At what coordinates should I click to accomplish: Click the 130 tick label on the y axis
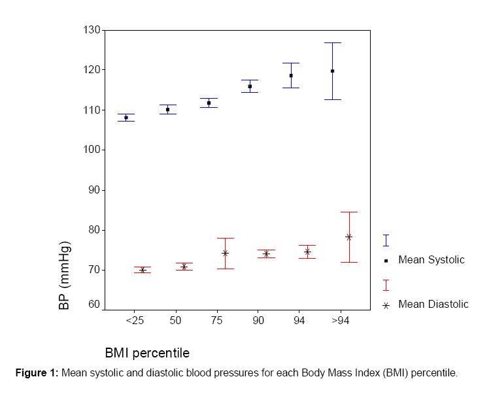[x=91, y=30]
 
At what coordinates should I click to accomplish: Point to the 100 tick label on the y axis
[x=91, y=150]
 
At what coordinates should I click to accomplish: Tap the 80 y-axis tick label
[x=93, y=230]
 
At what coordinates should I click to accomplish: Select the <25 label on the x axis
[x=135, y=321]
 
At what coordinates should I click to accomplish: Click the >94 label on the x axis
[x=340, y=321]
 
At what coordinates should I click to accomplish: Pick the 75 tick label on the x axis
[x=216, y=321]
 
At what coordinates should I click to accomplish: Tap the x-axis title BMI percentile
[x=147, y=353]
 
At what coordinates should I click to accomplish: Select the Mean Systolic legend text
[x=431, y=260]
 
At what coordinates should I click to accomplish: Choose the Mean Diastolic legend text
[x=433, y=304]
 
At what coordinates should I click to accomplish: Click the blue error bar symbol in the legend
[x=386, y=240]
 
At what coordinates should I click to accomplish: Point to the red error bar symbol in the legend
[x=386, y=285]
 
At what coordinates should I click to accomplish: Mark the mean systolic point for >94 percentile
[x=332, y=71]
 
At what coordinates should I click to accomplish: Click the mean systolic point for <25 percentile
[x=126, y=118]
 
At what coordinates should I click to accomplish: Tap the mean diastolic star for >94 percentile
[x=348, y=237]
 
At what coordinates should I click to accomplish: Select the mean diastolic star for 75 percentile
[x=225, y=253]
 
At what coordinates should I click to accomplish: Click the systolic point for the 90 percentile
[x=250, y=86]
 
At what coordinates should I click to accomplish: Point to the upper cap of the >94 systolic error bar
[x=332, y=42]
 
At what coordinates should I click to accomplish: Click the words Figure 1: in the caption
[x=37, y=373]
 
